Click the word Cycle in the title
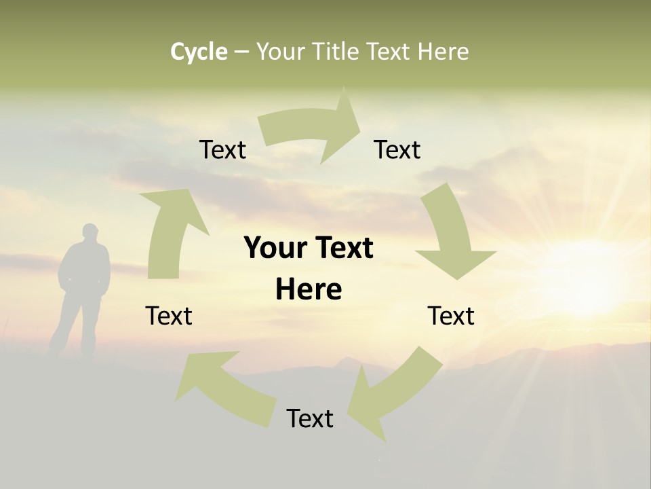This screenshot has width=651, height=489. click(x=199, y=52)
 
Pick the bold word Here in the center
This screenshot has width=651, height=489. click(x=309, y=290)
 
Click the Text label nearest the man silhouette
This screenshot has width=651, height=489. click(x=169, y=316)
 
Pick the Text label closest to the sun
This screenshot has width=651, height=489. click(x=451, y=316)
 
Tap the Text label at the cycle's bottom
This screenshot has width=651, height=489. click(x=310, y=418)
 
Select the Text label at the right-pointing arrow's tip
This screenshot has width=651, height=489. click(x=397, y=149)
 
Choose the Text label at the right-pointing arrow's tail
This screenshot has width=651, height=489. click(x=222, y=149)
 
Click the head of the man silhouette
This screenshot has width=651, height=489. click(x=90, y=232)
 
